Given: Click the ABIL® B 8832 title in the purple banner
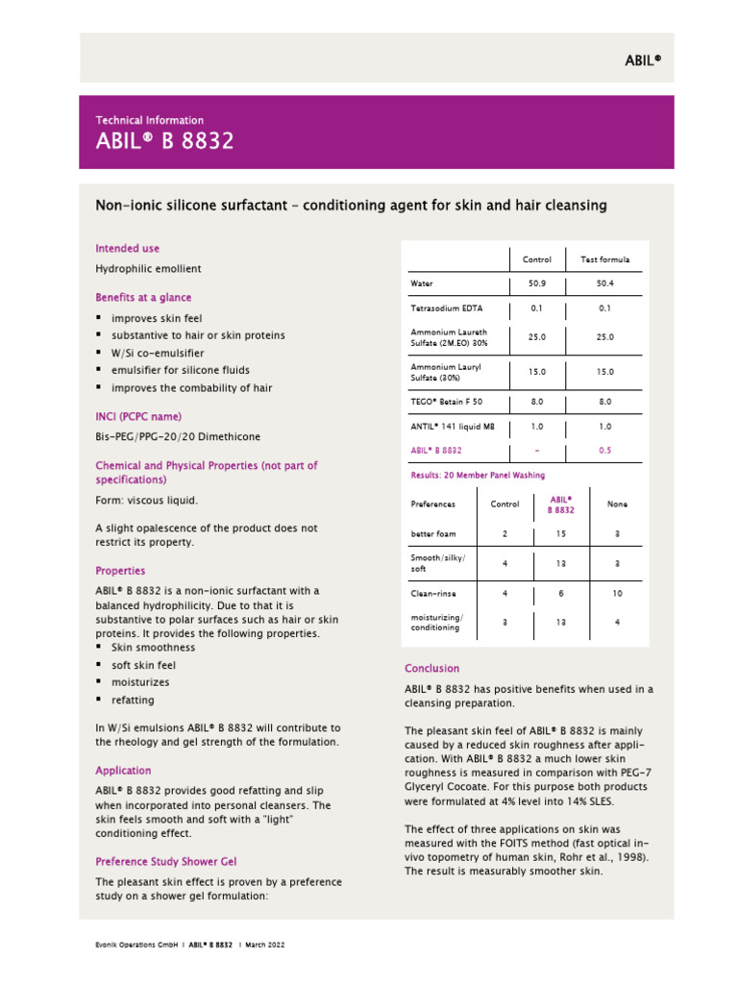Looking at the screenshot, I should [164, 142].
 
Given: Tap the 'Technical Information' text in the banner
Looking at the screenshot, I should [149, 120].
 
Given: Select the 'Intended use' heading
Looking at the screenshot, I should [127, 248].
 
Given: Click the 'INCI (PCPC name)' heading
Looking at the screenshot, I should [138, 416].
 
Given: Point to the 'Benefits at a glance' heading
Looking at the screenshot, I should [143, 297].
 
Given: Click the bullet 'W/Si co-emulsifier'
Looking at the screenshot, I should [158, 353].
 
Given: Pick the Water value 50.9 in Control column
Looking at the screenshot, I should [536, 284].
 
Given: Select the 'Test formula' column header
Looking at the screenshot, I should [604, 259].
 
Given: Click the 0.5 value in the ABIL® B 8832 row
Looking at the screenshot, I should [604, 450].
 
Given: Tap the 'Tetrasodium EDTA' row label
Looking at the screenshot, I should [447, 309].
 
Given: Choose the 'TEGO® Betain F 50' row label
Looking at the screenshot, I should [447, 402].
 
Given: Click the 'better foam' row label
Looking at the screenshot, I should [433, 533].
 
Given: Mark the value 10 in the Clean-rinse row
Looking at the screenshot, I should [617, 594].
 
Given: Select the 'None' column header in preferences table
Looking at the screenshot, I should [617, 504].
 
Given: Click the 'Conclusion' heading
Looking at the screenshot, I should [431, 668].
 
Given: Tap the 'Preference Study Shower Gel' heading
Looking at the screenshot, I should [165, 861].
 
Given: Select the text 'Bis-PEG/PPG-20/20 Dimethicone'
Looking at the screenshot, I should [177, 436].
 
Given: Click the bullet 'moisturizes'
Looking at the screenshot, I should [140, 682].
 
